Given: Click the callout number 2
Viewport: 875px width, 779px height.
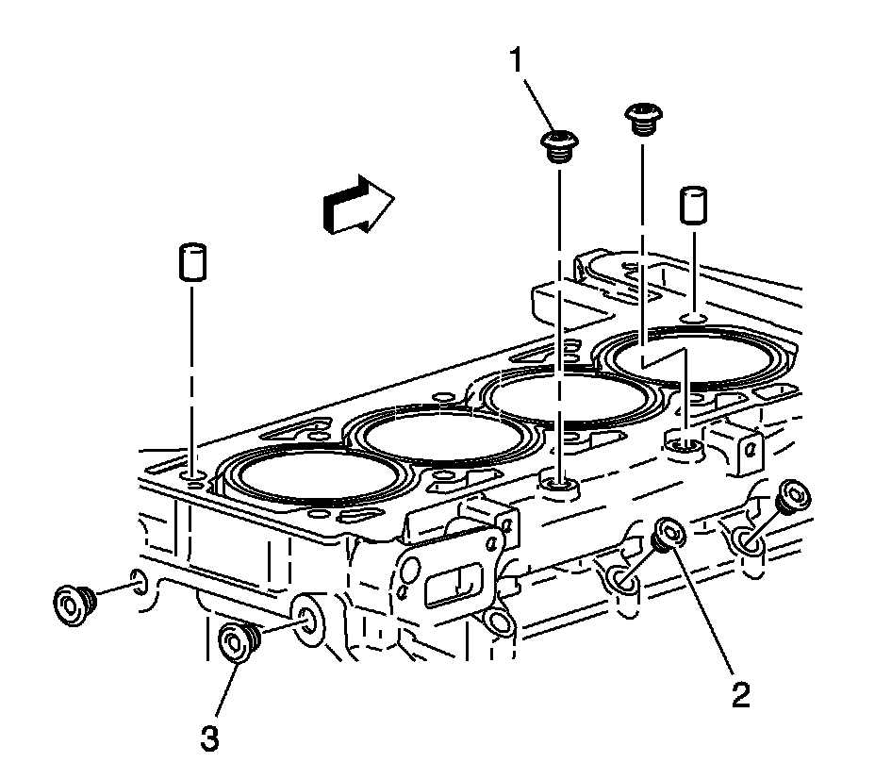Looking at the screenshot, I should [739, 695].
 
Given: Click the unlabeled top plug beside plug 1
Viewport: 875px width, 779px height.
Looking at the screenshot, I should [641, 119].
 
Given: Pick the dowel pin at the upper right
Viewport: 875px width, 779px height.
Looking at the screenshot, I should [694, 205].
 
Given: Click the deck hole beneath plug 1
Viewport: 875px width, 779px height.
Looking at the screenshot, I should [560, 486].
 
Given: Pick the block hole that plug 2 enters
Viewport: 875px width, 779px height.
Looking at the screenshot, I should [623, 584].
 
